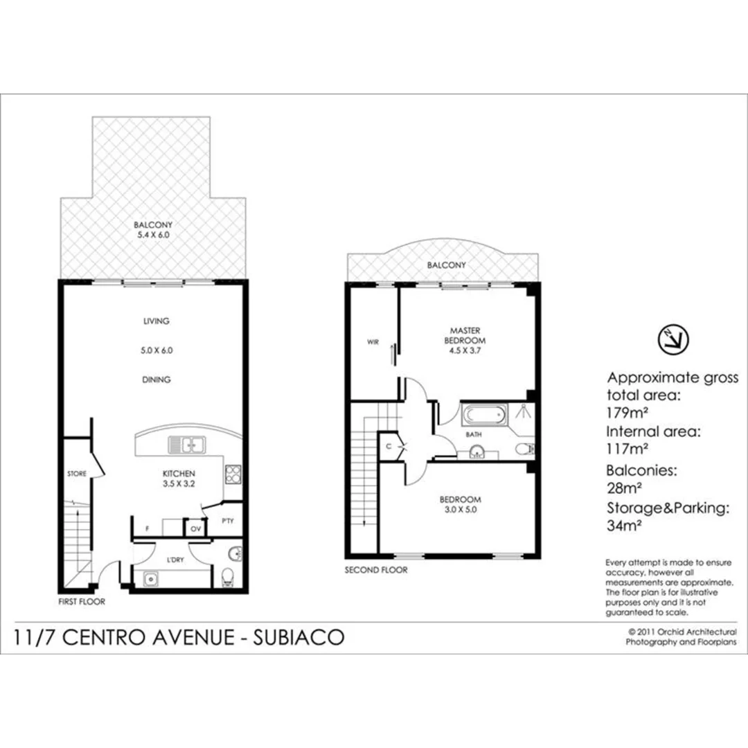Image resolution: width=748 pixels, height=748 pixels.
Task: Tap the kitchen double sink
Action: (185, 445)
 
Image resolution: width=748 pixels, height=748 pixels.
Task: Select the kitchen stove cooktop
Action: (233, 474)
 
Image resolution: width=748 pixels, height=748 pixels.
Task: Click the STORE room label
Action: (77, 474)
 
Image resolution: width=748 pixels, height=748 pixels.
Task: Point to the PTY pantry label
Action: (226, 520)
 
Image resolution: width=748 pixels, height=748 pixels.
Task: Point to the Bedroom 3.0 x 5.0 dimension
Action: (460, 508)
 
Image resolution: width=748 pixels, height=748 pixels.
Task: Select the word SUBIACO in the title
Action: (299, 637)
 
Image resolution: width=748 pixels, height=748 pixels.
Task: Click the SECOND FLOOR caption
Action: (376, 570)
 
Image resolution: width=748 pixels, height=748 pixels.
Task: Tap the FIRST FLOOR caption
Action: (82, 601)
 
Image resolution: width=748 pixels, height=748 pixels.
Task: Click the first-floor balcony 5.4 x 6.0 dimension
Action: (153, 235)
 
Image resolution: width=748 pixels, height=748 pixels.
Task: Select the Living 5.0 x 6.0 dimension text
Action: (157, 350)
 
